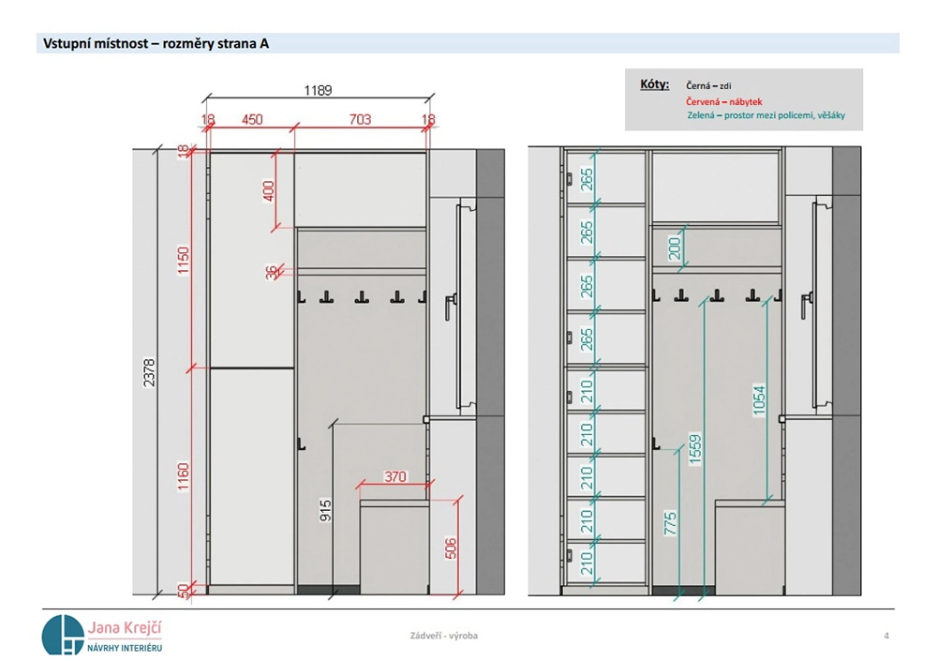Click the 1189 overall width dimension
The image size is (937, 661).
318,90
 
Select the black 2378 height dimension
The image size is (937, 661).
149,372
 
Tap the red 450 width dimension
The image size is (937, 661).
252,120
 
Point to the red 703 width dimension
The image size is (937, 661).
361,120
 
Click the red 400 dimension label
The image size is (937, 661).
269,191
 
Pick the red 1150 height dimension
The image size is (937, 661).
183,261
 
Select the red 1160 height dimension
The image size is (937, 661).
183,476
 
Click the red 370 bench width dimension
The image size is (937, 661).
395,476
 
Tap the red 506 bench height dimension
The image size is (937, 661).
452,548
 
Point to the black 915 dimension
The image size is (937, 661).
326,510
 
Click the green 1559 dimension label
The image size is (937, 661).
695,449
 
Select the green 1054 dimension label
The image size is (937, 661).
759,400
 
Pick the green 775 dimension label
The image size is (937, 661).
671,523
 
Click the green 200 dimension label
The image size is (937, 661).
675,248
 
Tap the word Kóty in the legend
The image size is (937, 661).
654,84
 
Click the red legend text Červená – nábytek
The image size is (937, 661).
723,101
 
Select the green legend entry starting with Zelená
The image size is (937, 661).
766,114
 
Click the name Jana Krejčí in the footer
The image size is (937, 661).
125,627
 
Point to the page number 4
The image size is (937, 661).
886,636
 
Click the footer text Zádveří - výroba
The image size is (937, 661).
444,636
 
